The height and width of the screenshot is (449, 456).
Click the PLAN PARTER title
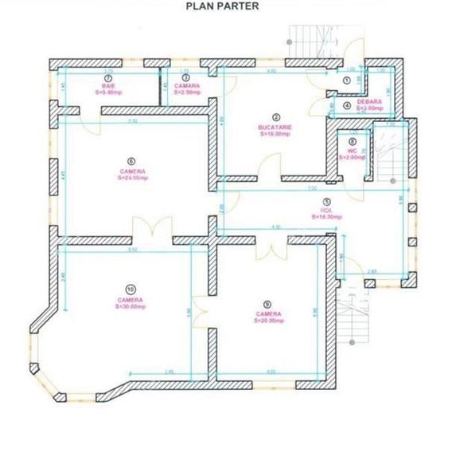tap(221, 6)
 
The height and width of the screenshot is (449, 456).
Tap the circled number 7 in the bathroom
tap(107, 79)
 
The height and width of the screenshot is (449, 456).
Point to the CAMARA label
tap(187, 85)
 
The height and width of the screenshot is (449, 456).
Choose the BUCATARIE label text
tap(275, 127)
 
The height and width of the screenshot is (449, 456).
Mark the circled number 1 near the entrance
tap(347, 81)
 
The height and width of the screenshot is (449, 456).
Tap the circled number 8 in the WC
tap(352, 142)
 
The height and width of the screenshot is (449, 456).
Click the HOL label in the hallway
tap(316, 211)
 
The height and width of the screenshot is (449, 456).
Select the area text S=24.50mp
tap(132, 178)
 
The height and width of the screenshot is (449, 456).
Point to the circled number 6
tap(132, 160)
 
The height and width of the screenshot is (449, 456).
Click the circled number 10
tap(130, 289)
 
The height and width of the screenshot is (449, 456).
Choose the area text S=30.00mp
tap(131, 306)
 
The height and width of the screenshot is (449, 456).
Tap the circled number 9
tap(267, 303)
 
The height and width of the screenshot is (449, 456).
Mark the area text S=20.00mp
tap(267, 321)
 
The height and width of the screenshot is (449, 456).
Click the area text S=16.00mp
tap(275, 134)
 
